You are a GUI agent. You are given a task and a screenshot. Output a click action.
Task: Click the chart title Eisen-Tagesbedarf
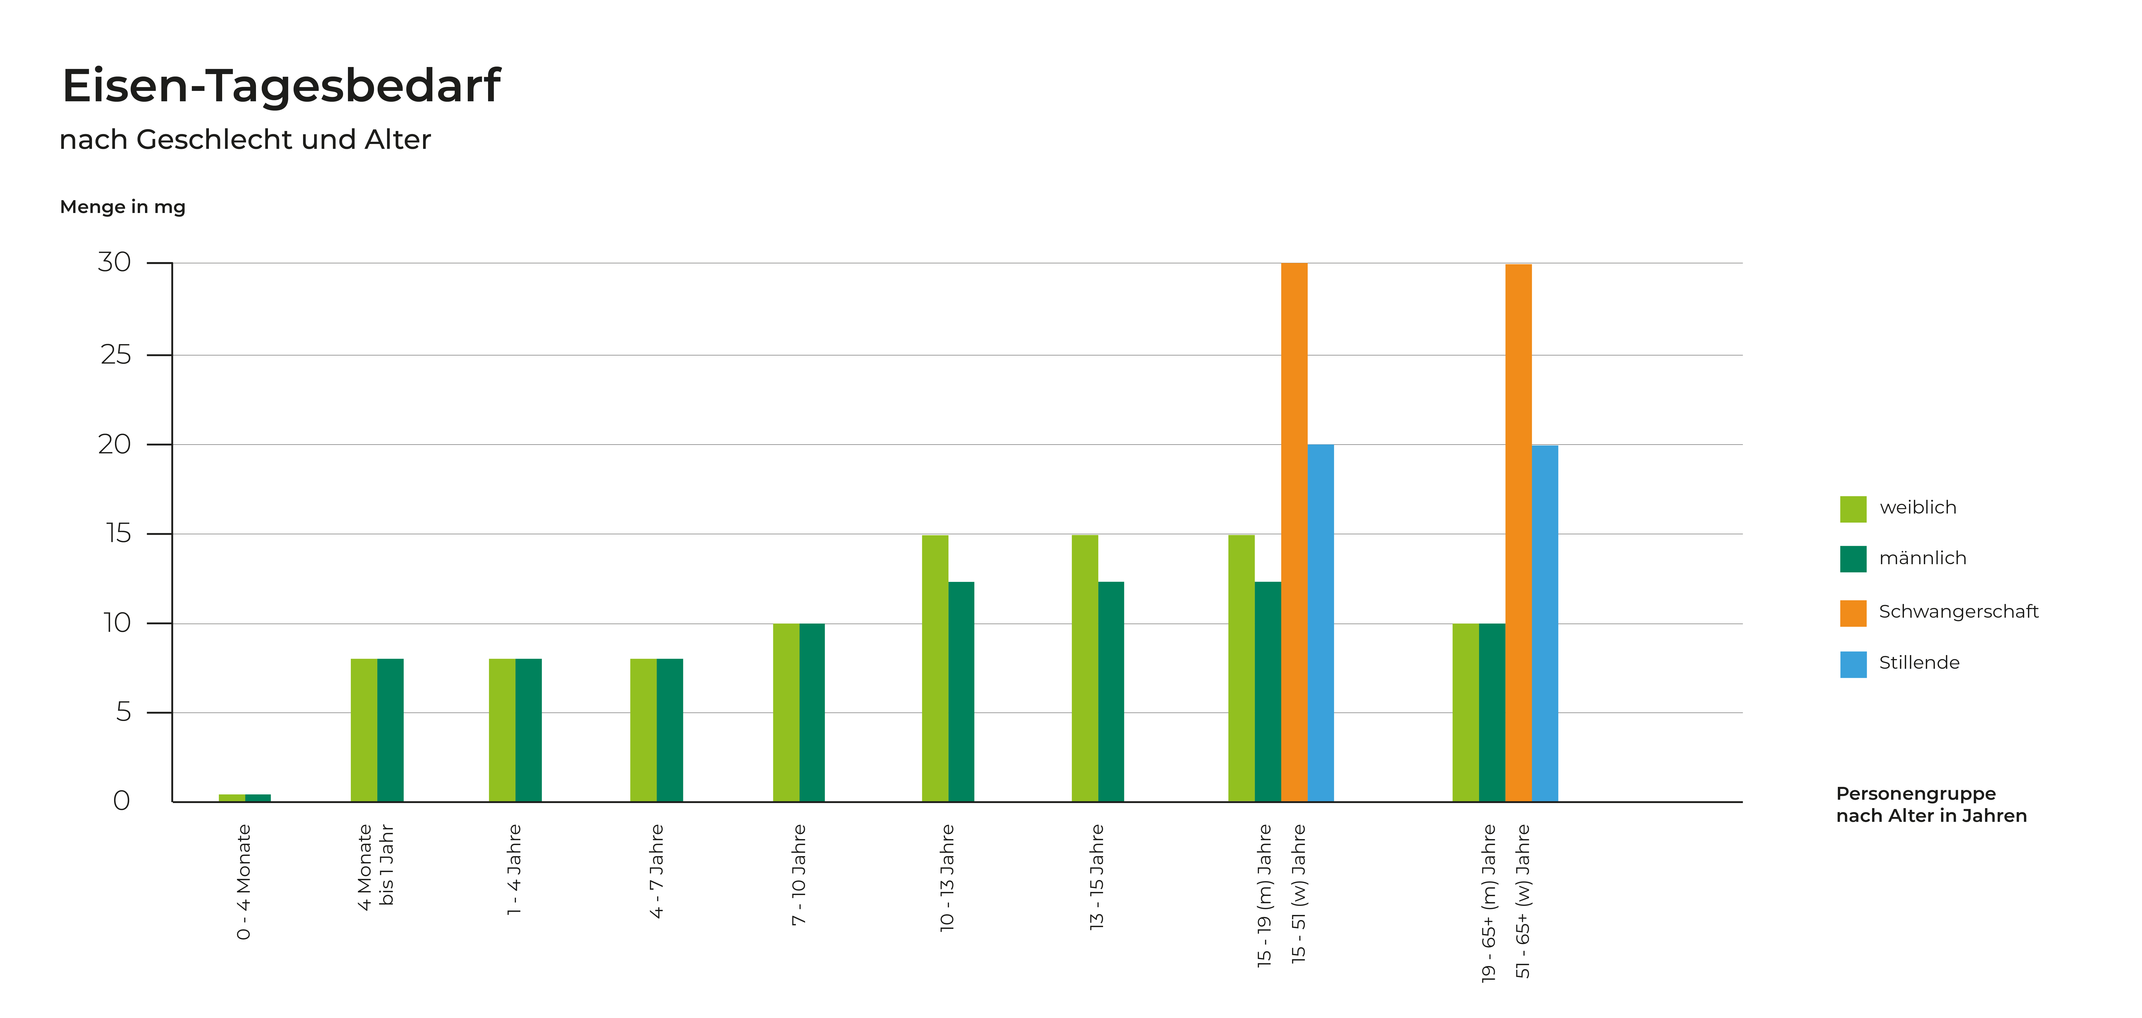point(281,86)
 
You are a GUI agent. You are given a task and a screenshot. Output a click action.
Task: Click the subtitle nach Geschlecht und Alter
point(245,140)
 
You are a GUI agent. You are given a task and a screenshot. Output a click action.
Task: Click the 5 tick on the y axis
point(123,712)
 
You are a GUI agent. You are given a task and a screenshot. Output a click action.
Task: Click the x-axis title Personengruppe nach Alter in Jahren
point(1931,804)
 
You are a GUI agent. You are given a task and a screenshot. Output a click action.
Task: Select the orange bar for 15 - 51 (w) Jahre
point(1294,532)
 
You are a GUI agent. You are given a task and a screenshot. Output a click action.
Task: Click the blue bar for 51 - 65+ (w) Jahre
point(1545,624)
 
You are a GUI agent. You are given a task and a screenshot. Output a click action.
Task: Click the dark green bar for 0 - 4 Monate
point(258,798)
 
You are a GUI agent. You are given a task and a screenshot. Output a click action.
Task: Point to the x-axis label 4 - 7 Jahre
point(657,871)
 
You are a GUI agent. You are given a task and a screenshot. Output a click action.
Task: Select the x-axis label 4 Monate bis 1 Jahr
point(376,867)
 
